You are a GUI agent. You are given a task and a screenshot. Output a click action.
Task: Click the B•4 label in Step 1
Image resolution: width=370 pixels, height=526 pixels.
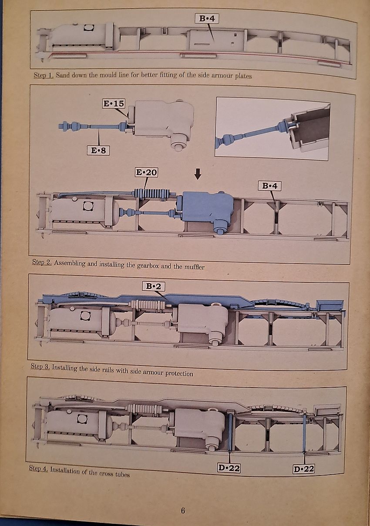tap(207, 18)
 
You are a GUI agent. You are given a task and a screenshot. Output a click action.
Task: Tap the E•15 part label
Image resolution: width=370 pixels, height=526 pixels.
tap(114, 104)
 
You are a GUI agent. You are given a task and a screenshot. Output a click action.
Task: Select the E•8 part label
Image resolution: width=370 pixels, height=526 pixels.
tap(98, 151)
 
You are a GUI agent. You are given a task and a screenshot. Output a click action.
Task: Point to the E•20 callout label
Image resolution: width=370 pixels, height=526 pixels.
tap(146, 172)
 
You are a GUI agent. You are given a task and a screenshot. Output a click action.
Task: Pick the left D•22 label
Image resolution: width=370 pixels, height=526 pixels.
tap(229, 468)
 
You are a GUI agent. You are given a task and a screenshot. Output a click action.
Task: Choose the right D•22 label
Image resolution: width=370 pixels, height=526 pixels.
tap(303, 469)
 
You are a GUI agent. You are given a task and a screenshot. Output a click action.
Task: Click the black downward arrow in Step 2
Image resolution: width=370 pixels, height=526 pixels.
tap(198, 174)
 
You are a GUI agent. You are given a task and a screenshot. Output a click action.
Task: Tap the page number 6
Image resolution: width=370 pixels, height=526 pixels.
tap(183, 510)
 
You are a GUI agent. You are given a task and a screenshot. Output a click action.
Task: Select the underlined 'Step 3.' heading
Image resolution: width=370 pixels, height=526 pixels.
tap(40, 367)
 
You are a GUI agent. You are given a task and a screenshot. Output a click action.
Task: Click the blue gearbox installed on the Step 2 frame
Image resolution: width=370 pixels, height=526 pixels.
tap(207, 208)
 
